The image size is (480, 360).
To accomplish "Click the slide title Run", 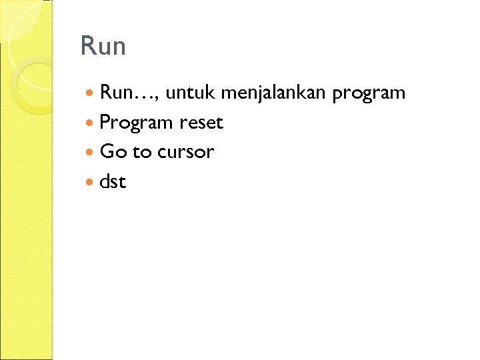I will [103, 47].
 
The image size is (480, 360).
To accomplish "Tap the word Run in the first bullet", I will [115, 93].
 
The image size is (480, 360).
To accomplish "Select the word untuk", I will [190, 93].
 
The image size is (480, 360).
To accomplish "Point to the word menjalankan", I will [273, 93].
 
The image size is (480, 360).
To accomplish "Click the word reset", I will [201, 123].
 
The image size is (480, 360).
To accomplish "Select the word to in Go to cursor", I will [142, 152].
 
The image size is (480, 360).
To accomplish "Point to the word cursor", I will [185, 152].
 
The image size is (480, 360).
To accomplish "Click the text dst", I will [112, 181].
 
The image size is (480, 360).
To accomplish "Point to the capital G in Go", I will [107, 152].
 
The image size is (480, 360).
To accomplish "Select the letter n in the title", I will [117, 48].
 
